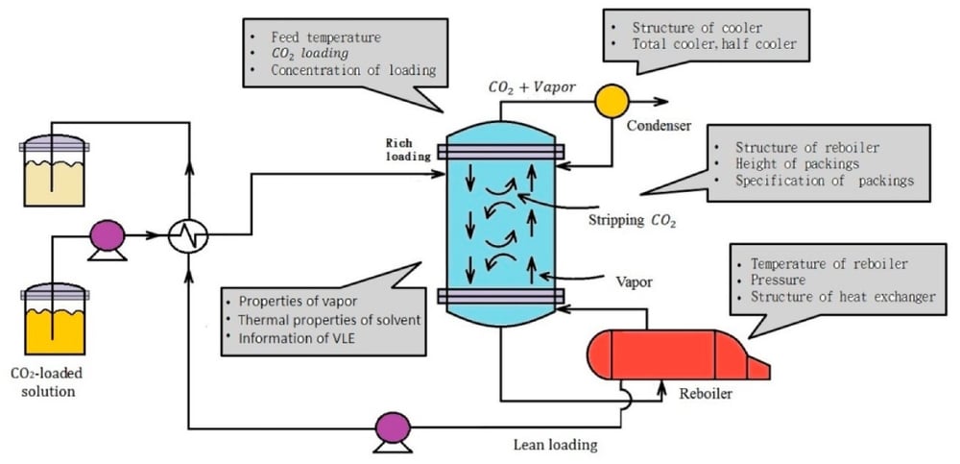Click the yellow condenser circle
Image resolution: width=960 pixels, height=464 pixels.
click(608, 99)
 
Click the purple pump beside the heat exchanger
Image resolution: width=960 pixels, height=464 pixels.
click(107, 233)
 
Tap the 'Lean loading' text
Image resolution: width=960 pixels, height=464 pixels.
click(556, 444)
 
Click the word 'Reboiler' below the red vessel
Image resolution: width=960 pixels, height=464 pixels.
click(707, 395)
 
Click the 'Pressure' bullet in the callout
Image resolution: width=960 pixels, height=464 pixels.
click(778, 280)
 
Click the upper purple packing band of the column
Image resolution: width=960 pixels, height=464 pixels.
click(498, 150)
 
